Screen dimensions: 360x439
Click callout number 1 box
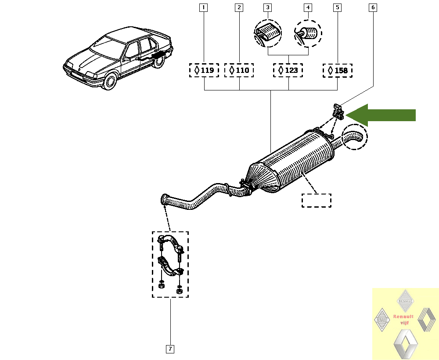click(203, 7)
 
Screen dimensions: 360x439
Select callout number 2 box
click(239, 7)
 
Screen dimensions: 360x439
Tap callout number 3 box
click(268, 7)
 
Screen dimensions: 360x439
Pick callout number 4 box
click(308, 7)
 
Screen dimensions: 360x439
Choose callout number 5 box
click(337, 7)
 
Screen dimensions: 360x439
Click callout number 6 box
click(373, 7)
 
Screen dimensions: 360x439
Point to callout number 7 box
click(170, 349)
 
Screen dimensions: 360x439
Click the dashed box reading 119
click(204, 70)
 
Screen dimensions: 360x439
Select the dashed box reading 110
click(239, 70)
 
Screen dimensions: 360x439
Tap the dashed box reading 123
click(288, 70)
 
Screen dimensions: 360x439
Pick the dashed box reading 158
click(338, 70)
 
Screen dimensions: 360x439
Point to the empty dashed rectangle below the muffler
click(317, 200)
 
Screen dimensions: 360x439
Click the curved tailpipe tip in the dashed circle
click(354, 137)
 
